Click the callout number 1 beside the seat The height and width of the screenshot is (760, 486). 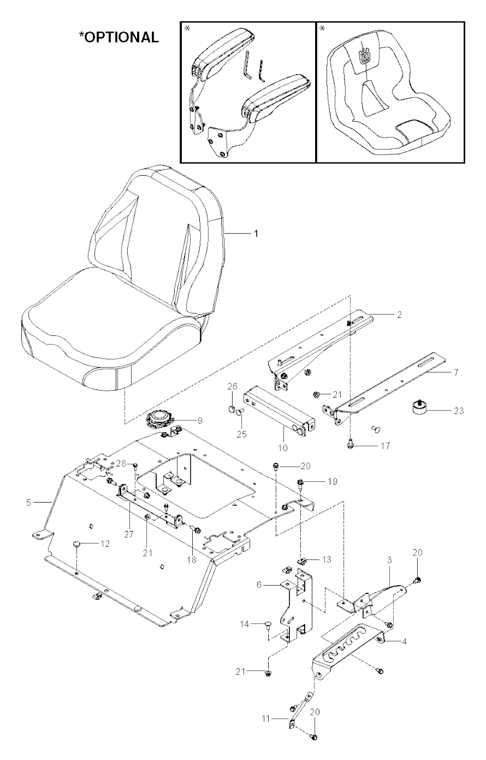point(256,234)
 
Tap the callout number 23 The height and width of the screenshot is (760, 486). point(458,411)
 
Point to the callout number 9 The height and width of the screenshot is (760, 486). point(200,421)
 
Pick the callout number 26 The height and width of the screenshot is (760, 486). point(233,386)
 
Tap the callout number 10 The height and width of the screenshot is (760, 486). point(282,448)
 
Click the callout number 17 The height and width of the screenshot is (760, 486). point(385,446)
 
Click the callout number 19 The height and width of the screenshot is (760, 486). point(333,481)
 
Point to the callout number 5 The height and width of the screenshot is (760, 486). point(28,503)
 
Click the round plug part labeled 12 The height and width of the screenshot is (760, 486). point(77,544)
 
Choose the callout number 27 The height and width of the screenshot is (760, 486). point(129,534)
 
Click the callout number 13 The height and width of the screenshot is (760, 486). point(327,560)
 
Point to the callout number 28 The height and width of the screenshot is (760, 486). point(121,463)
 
